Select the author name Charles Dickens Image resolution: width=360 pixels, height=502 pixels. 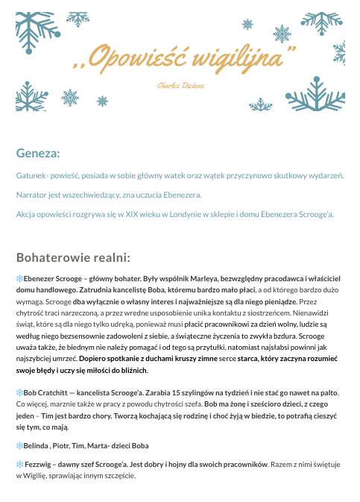[x=181, y=87]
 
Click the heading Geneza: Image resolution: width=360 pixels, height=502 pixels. [x=38, y=154]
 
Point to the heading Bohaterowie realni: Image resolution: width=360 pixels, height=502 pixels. [x=73, y=257]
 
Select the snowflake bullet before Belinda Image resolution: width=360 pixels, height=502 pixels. [x=19, y=446]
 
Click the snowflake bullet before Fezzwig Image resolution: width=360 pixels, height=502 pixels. [x=19, y=465]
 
